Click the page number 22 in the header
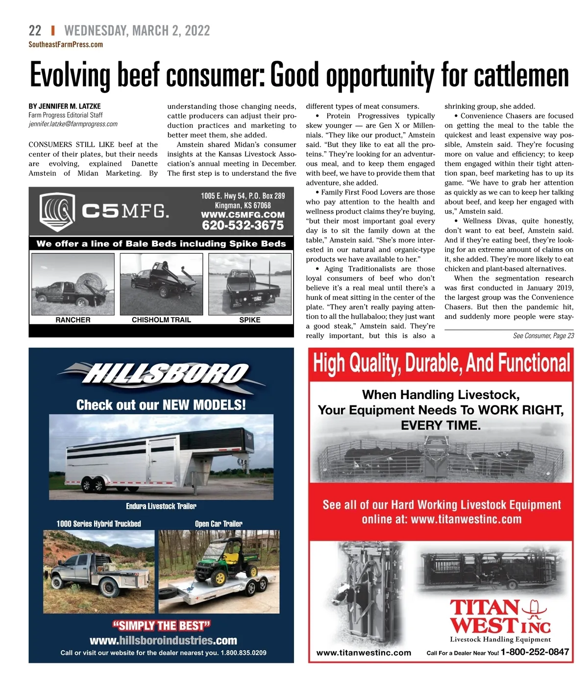(x=35, y=30)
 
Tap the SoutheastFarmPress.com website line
(x=66, y=45)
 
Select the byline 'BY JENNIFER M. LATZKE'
(x=65, y=106)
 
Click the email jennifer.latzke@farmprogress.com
(x=73, y=124)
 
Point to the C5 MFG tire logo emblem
(x=57, y=212)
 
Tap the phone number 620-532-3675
(x=243, y=226)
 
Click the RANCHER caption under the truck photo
(x=73, y=320)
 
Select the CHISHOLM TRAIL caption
(x=161, y=320)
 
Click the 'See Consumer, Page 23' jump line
(x=543, y=336)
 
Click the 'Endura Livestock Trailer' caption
(x=161, y=506)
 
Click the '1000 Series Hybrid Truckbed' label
(x=98, y=524)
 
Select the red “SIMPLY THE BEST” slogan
(x=161, y=626)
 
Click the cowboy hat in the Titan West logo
(x=534, y=609)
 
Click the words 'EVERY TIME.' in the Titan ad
(x=441, y=426)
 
